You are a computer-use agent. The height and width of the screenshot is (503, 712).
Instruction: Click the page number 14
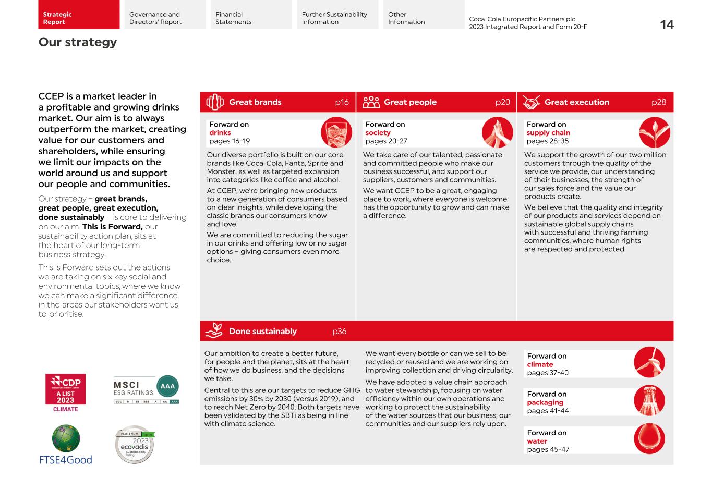667,25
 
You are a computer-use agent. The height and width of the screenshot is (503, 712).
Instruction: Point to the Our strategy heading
78,42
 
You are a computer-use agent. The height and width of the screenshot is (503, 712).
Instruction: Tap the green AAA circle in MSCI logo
167,386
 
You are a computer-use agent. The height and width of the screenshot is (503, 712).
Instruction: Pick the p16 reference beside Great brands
342,102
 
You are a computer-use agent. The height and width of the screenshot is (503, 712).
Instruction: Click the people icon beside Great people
371,102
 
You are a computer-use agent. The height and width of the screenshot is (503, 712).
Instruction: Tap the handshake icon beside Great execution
531,102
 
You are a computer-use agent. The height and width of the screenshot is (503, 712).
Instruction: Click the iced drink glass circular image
336,132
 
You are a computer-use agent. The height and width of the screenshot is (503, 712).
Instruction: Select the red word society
378,133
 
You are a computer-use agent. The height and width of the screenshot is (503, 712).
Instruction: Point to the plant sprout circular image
654,132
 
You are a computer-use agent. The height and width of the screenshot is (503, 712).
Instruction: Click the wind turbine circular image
649,362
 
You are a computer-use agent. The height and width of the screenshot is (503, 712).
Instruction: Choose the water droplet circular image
649,438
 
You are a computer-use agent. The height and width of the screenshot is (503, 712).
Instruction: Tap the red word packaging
545,402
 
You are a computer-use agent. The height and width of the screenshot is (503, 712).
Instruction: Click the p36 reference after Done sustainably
339,332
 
